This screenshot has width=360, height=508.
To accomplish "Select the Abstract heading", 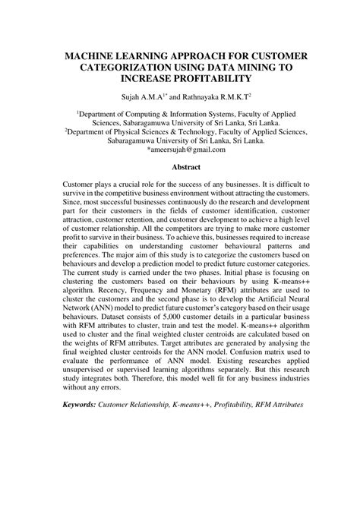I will click(186, 167).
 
